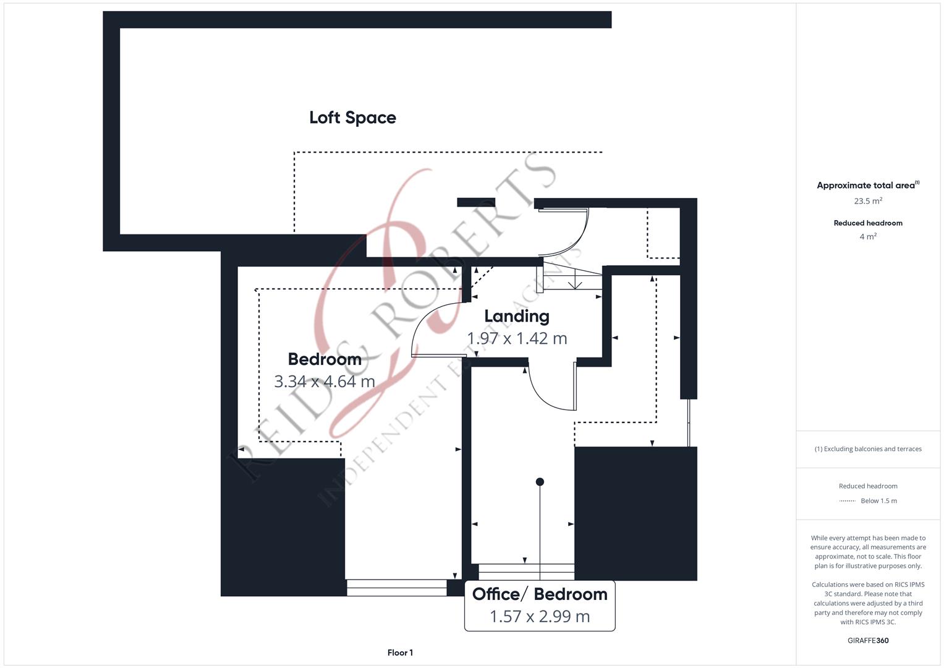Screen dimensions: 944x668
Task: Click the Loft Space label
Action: pyautogui.click(x=352, y=118)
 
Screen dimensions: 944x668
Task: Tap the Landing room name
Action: pyautogui.click(x=517, y=316)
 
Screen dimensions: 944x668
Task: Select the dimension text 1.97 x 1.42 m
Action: pyautogui.click(x=517, y=338)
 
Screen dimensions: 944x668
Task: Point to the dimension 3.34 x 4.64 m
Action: pyautogui.click(x=325, y=381)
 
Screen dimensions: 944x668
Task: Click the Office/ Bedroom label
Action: pyautogui.click(x=540, y=594)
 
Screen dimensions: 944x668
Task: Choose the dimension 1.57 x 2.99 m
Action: pyautogui.click(x=540, y=617)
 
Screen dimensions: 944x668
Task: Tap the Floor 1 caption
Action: pyautogui.click(x=400, y=653)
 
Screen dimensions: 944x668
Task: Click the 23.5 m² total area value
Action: pyautogui.click(x=868, y=201)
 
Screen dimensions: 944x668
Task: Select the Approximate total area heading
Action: pyautogui.click(x=868, y=185)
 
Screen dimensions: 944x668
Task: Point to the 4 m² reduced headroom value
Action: pyautogui.click(x=868, y=236)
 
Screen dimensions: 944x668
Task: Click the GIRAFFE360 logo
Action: pyautogui.click(x=868, y=641)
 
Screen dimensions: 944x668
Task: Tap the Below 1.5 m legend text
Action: pyautogui.click(x=878, y=501)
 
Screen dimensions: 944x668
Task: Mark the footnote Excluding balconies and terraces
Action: pyautogui.click(x=868, y=449)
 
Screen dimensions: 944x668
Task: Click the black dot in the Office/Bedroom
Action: pyautogui.click(x=540, y=482)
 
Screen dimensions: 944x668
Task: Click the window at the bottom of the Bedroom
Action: pyautogui.click(x=396, y=588)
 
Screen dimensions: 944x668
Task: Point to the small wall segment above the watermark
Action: pyautogui.click(x=476, y=202)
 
